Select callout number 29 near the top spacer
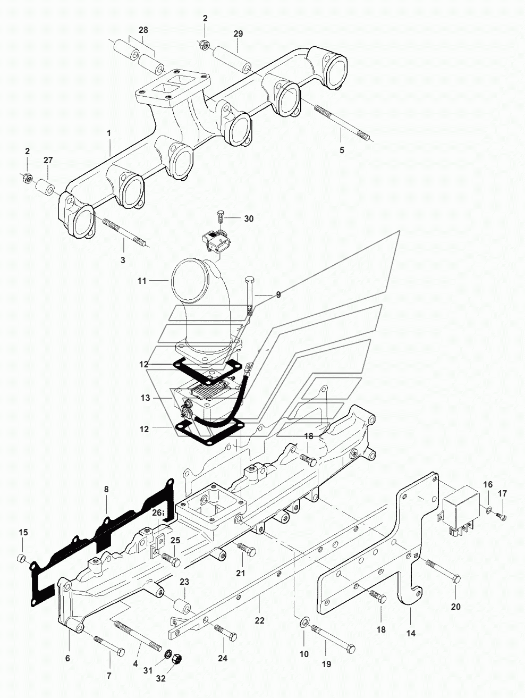[238, 33]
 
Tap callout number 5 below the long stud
[342, 150]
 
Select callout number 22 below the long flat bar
[259, 620]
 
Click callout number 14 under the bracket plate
[411, 633]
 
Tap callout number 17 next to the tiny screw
[503, 493]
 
